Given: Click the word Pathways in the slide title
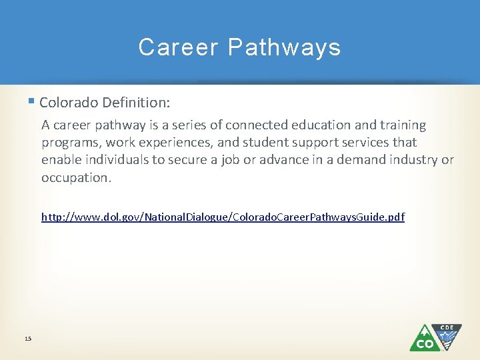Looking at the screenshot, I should pos(284,47).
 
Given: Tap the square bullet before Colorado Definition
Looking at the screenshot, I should pos(33,102).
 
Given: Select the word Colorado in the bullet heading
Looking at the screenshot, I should pos(67,103).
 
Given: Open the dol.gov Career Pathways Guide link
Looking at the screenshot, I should pos(223,217).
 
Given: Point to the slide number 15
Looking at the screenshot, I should pos(27,339).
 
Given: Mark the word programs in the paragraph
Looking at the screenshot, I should pos(69,143).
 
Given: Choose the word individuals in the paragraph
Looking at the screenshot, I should pos(112,160).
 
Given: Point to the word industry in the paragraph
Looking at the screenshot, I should pos(411,160).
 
